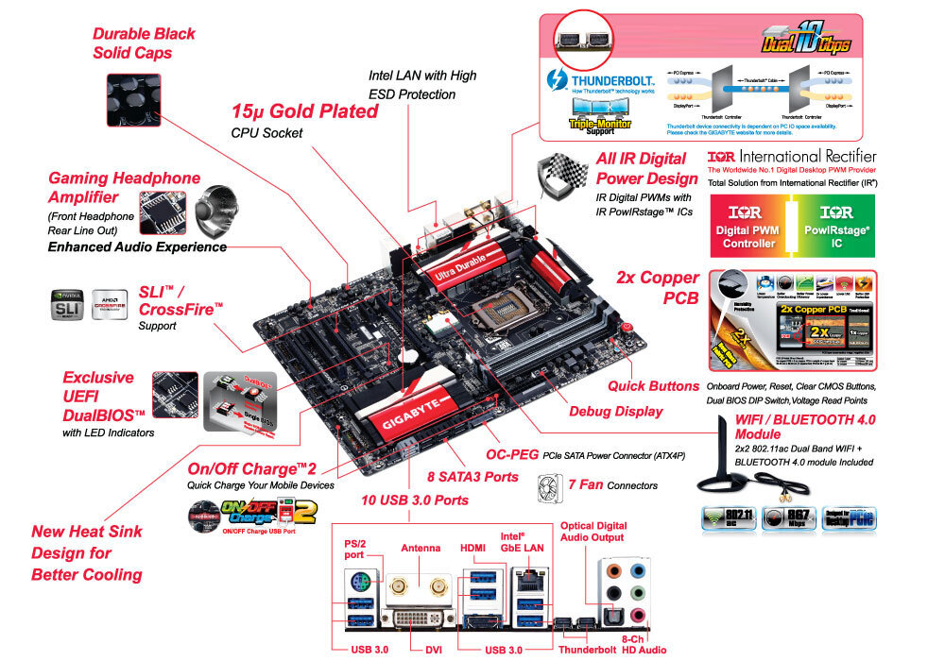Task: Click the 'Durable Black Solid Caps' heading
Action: [144, 43]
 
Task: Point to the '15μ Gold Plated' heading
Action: [304, 111]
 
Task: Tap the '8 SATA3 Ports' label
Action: [472, 477]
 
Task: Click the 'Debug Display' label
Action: [616, 411]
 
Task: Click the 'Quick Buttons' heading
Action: [653, 385]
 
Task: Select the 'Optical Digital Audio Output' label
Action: [593, 532]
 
